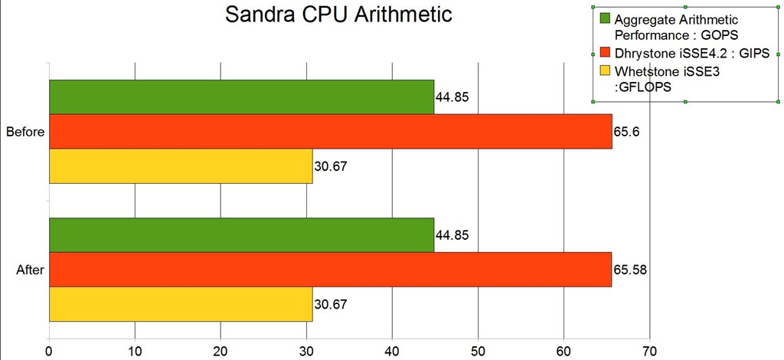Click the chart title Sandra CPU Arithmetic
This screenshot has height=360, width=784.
coord(338,15)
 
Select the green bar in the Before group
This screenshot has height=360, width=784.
coord(241,97)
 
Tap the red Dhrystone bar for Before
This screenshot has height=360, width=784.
coord(330,131)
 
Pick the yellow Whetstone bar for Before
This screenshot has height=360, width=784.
coord(181,166)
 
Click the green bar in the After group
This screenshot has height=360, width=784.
coord(241,234)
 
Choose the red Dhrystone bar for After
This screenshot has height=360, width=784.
coord(330,269)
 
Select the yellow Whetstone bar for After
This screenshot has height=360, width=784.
coord(181,304)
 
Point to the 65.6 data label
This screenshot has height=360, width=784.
coord(626,132)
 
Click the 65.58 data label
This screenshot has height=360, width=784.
coord(630,270)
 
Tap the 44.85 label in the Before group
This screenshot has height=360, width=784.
coord(452,97)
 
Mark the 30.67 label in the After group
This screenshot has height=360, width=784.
coord(331,305)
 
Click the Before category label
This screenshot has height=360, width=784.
coord(24,132)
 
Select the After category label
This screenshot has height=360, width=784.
coord(31,270)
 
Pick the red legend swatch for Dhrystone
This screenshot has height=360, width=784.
coord(604,53)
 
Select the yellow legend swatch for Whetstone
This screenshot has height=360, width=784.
coord(604,71)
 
